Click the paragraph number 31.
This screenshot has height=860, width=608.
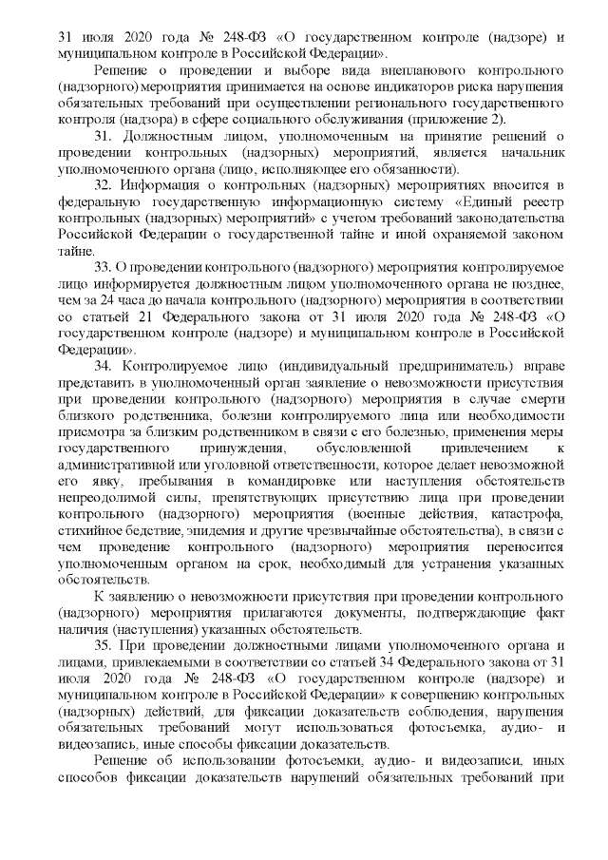103,140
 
